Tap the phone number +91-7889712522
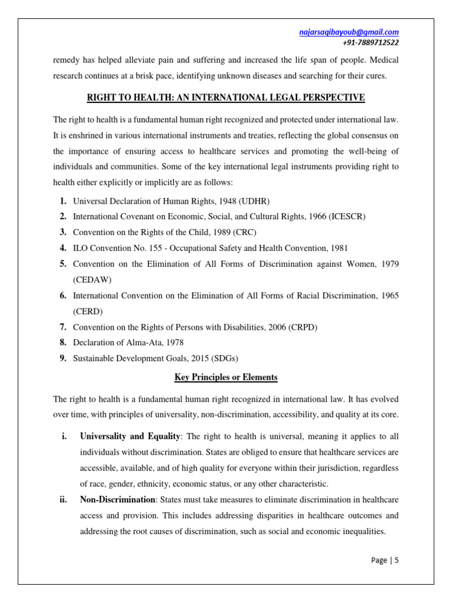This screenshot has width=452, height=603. point(370,42)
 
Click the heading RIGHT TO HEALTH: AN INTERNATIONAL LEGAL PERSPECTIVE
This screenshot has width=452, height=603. point(226,97)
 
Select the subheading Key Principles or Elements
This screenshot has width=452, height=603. point(226,377)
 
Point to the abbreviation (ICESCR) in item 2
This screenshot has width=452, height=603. point(345,217)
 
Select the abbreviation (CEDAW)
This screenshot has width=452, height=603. point(92,279)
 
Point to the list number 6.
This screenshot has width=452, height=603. point(62,296)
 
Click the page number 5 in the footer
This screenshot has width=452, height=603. point(397,560)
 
